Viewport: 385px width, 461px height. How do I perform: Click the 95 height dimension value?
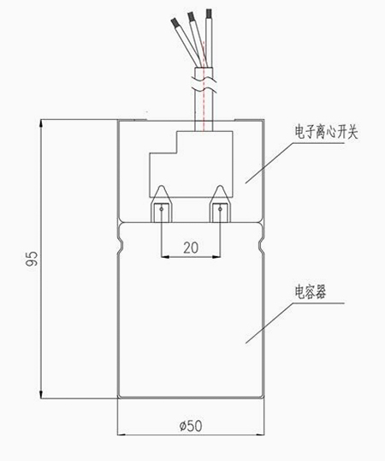32,259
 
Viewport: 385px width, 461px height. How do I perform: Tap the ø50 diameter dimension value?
191,426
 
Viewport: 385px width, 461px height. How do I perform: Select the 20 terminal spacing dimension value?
191,248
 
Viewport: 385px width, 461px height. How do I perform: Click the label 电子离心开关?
326,132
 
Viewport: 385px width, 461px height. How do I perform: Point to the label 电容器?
311,292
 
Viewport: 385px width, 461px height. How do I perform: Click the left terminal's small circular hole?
162,209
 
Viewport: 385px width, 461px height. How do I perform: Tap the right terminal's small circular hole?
220,209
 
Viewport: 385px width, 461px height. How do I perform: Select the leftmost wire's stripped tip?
175,22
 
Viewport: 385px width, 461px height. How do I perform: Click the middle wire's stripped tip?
192,16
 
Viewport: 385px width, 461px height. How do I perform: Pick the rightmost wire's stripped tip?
209,14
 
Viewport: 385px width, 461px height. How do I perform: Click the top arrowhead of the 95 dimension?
41,123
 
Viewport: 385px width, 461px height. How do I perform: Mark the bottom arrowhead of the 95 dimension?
41,394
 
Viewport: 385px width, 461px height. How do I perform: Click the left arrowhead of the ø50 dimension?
121,434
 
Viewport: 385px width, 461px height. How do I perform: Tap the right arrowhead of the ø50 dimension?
260,434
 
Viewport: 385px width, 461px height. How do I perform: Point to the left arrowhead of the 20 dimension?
165,257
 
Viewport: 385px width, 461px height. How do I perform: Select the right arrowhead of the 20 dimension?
216,257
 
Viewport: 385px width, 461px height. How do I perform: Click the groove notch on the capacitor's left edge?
121,244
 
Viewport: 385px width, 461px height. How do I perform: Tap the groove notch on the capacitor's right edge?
261,244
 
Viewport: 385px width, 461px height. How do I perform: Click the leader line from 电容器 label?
294,322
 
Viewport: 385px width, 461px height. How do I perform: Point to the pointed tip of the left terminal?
161,186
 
